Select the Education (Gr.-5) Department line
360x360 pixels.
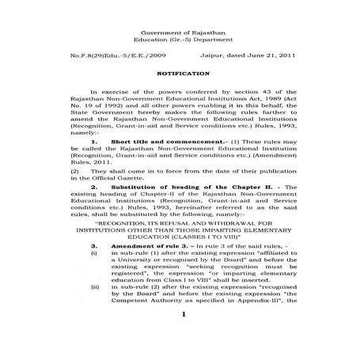181,38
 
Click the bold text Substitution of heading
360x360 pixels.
157,187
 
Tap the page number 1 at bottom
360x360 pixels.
181,338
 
